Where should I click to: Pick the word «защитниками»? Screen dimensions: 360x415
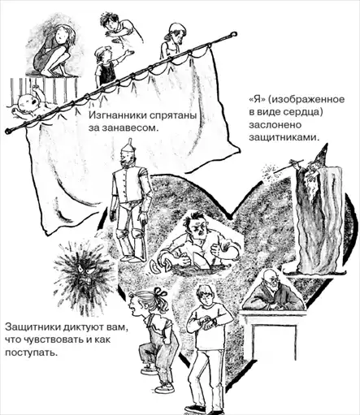[284, 137]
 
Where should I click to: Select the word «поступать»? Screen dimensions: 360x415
[31, 352]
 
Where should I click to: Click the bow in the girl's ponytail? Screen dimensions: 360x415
[158, 293]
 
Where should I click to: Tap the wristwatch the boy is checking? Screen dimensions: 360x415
[208, 322]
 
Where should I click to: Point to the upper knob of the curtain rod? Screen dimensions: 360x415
[232, 35]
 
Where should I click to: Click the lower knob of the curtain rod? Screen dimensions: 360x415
[9, 131]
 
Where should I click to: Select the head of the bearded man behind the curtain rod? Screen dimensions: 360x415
[176, 33]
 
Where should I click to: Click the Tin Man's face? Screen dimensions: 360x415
[127, 158]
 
